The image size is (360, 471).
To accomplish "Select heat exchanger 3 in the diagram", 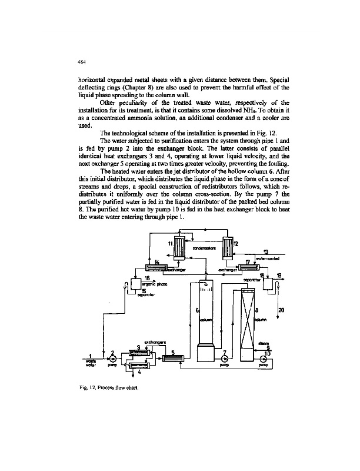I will coord(138,353).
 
